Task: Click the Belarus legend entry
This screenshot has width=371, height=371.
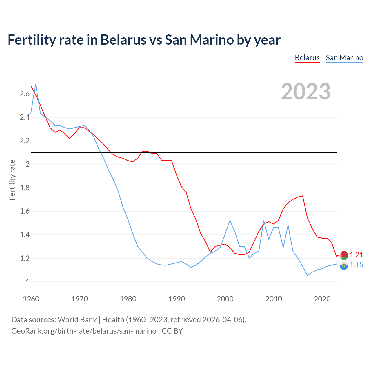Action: pos(307,58)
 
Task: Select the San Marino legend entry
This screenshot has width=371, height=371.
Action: pos(344,58)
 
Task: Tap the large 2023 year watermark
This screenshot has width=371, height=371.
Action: pos(305,92)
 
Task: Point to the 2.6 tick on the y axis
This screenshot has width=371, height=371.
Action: pos(25,94)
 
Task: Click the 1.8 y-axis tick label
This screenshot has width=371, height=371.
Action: pos(25,188)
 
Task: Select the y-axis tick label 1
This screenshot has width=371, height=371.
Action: pos(28,281)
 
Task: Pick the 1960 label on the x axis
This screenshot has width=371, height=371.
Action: pos(31,299)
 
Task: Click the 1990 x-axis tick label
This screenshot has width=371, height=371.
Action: pos(177,299)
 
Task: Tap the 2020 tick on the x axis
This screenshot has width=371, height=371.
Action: pos(322,299)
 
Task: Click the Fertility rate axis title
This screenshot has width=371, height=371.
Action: pos(12,180)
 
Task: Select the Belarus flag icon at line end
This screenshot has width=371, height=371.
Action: pos(344,255)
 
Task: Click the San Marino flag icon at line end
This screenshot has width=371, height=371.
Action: pos(344,265)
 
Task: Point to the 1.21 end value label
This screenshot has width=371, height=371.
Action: pos(356,255)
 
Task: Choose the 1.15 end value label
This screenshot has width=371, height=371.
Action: pos(356,265)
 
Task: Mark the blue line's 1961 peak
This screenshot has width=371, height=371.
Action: pos(36,85)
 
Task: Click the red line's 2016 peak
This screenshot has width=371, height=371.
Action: pos(303,196)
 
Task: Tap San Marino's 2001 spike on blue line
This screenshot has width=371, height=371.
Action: pos(230,221)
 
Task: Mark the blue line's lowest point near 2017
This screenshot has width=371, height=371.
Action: pos(308,276)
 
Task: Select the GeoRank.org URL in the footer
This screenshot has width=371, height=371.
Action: pos(84,331)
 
